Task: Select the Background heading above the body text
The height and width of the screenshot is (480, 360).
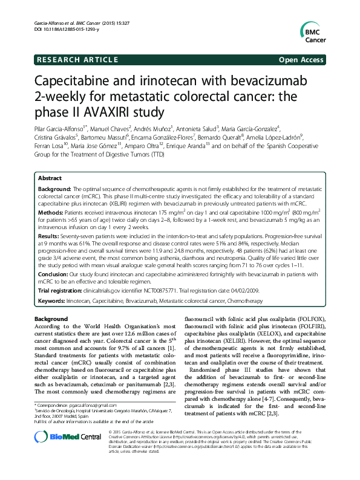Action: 51,318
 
